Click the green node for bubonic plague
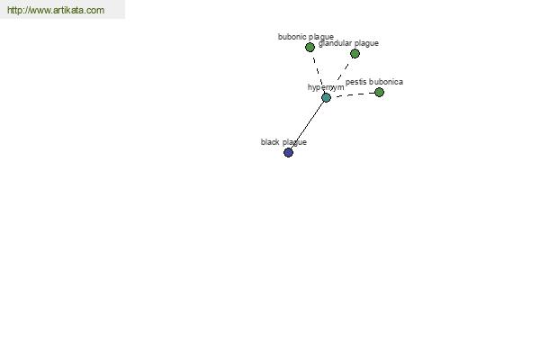(x=310, y=47)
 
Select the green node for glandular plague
(x=355, y=53)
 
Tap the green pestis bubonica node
(x=379, y=93)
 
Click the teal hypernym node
(x=326, y=98)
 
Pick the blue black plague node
(x=288, y=152)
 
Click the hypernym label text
(x=326, y=87)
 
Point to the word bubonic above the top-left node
(x=291, y=37)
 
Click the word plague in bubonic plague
(x=320, y=37)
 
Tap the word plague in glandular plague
(x=366, y=43)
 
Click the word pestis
(x=355, y=82)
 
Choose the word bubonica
(x=386, y=82)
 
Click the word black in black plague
(x=270, y=142)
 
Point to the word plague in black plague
(x=295, y=142)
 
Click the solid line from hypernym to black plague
(x=307, y=125)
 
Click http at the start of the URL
(x=14, y=10)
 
